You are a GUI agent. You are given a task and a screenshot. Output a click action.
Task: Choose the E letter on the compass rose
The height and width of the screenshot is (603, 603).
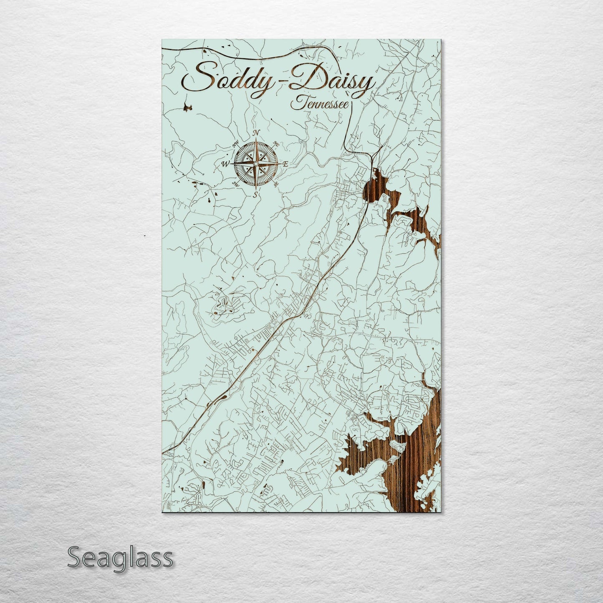285,164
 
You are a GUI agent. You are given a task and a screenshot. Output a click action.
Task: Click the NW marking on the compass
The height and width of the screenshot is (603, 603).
235,145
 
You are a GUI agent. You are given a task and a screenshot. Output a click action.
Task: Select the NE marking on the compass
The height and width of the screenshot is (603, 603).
275,144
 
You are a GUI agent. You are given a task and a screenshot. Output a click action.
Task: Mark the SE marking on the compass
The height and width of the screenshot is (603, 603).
275,184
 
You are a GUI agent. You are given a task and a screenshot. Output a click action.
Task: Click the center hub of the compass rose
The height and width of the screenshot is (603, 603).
254,164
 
